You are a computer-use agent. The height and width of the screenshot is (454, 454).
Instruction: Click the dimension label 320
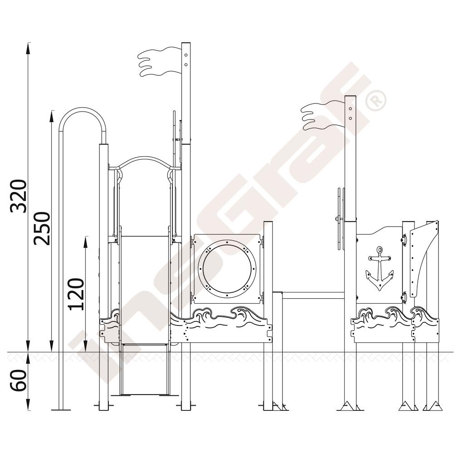pyautogui.click(x=19, y=196)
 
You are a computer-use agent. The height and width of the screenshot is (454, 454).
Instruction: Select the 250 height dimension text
pyautogui.click(x=42, y=228)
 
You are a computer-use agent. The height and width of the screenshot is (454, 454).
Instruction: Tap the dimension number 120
pyautogui.click(x=76, y=294)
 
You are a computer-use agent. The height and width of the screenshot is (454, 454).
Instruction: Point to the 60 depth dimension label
pyautogui.click(x=19, y=380)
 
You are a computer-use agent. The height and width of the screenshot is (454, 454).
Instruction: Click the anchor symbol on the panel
pyautogui.click(x=379, y=268)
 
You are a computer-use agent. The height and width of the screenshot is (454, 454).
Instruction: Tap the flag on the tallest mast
pyautogui.click(x=159, y=62)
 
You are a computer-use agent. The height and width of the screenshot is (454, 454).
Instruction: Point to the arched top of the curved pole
pyautogui.click(x=84, y=109)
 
